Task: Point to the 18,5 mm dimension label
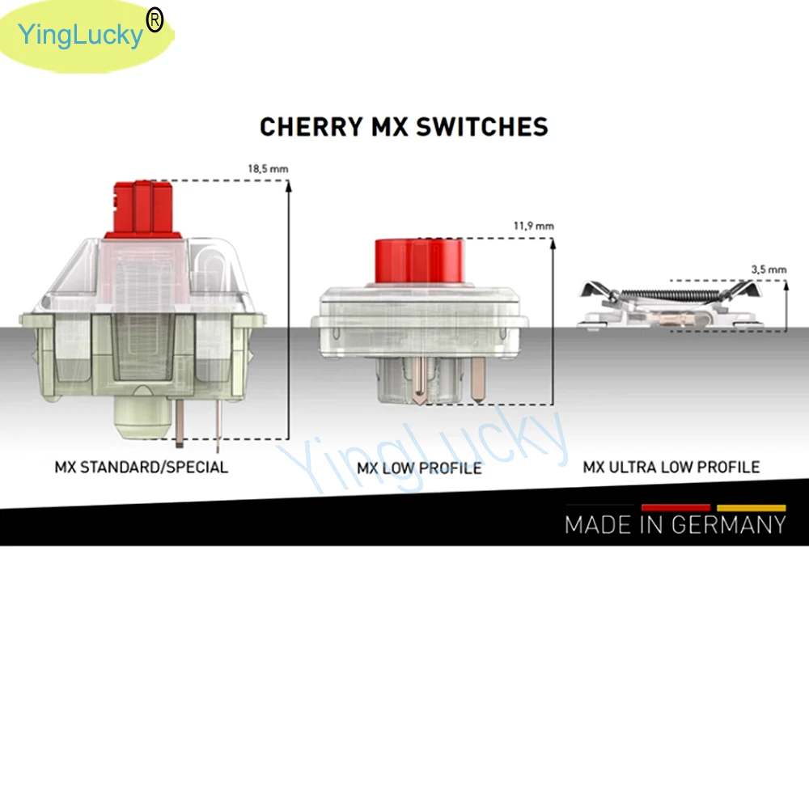click(x=268, y=169)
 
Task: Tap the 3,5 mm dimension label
click(x=768, y=269)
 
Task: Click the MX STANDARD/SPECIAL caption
click(x=142, y=467)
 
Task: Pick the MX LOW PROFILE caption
click(x=419, y=468)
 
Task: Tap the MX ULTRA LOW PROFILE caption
click(x=671, y=467)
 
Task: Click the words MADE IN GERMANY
click(x=676, y=524)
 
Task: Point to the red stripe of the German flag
click(x=676, y=507)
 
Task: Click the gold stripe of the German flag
click(x=751, y=507)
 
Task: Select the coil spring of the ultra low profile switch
click(x=671, y=295)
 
